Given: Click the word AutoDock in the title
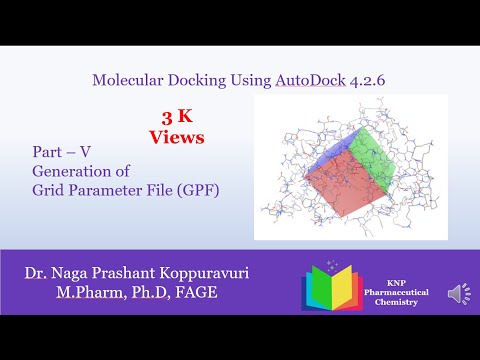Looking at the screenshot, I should [310, 79].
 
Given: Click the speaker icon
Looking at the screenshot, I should [457, 293].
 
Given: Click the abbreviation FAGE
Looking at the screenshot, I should [192, 292].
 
